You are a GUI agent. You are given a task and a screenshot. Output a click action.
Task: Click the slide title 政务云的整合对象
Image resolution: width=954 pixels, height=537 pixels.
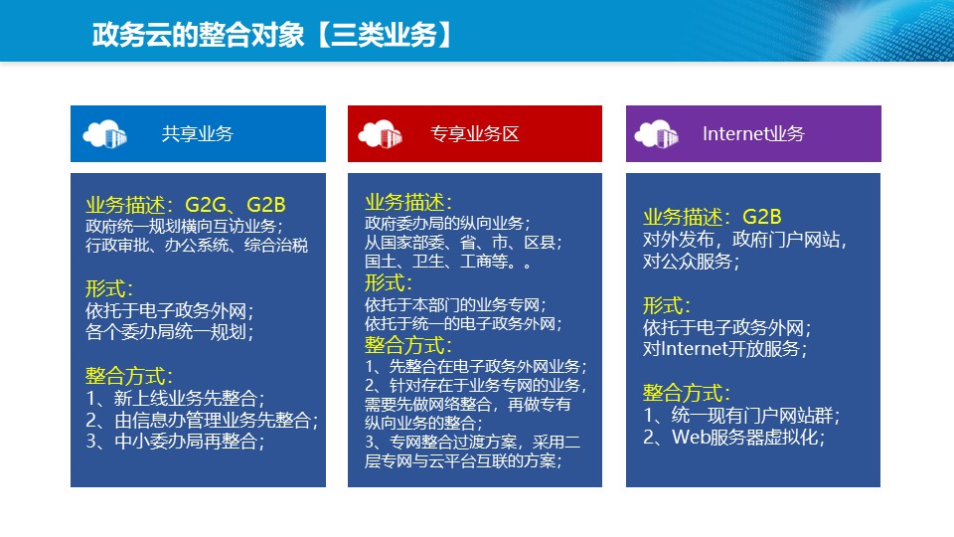coord(198,35)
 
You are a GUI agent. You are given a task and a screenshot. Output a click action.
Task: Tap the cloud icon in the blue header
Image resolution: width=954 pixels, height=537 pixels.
coord(104,134)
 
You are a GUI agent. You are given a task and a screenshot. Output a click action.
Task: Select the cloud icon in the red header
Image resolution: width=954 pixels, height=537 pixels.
coord(381,134)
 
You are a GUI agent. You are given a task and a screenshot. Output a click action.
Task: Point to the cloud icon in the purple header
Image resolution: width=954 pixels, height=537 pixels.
coord(657,134)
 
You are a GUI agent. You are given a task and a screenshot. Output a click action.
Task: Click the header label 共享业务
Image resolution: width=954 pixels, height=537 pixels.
coord(198,134)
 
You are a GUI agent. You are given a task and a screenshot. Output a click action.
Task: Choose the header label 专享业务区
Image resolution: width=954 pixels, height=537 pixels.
coord(475,134)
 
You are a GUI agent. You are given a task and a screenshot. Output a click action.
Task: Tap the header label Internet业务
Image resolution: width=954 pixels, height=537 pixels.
coord(753,134)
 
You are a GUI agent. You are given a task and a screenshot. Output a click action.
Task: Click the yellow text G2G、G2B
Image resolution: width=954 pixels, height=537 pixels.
coord(235,205)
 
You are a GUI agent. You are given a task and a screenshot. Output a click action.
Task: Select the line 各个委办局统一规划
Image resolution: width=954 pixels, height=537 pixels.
coord(169,332)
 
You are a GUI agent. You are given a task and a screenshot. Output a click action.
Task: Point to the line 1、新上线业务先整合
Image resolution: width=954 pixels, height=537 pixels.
coord(175,398)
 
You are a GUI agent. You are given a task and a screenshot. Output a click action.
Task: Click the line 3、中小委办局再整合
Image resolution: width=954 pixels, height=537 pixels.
coord(175,441)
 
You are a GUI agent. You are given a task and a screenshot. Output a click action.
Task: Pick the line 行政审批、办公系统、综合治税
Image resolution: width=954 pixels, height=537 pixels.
coord(197,246)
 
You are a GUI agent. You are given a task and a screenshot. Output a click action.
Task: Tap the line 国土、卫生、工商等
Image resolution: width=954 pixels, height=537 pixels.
coord(448,262)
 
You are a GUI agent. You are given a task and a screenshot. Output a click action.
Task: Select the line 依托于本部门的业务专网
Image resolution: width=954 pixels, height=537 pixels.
coord(455,304)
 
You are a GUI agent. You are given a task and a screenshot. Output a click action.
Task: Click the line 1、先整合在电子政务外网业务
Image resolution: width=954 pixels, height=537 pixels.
coord(476,367)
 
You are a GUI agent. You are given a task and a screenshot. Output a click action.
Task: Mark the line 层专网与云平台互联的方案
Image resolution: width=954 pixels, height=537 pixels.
coord(462,460)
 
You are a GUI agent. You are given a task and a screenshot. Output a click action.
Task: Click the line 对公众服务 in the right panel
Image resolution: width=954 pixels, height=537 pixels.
coord(692,262)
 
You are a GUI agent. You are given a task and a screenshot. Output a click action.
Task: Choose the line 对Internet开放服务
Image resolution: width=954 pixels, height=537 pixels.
coord(725,349)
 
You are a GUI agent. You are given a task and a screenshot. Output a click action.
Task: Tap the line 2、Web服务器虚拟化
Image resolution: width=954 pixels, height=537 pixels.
coord(734,438)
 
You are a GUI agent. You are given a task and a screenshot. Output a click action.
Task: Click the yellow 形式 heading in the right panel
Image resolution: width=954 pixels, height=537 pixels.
coord(667,305)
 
